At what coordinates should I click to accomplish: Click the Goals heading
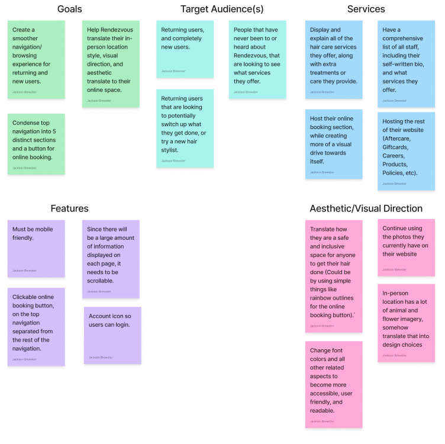click(x=70, y=9)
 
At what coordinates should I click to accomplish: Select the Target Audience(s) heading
click(x=222, y=9)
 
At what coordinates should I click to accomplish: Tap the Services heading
click(x=366, y=9)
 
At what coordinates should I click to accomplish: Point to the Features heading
click(x=70, y=208)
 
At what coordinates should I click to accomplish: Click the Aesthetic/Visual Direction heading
click(x=366, y=208)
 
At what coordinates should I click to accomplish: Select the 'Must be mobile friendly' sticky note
click(x=36, y=249)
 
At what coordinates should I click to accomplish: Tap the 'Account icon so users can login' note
click(x=112, y=336)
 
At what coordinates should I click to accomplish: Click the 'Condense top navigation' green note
click(x=36, y=144)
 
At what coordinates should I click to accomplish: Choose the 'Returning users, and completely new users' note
click(x=185, y=49)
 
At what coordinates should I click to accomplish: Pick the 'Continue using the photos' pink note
click(x=407, y=248)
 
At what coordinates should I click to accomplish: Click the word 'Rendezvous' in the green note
click(x=117, y=30)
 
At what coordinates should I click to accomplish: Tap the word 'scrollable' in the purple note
click(x=100, y=281)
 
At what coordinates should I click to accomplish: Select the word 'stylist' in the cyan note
click(x=170, y=150)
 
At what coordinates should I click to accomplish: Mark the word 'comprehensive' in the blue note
click(x=403, y=38)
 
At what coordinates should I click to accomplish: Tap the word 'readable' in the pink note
click(x=323, y=411)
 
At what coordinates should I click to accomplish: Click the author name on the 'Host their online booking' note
click(x=322, y=172)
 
